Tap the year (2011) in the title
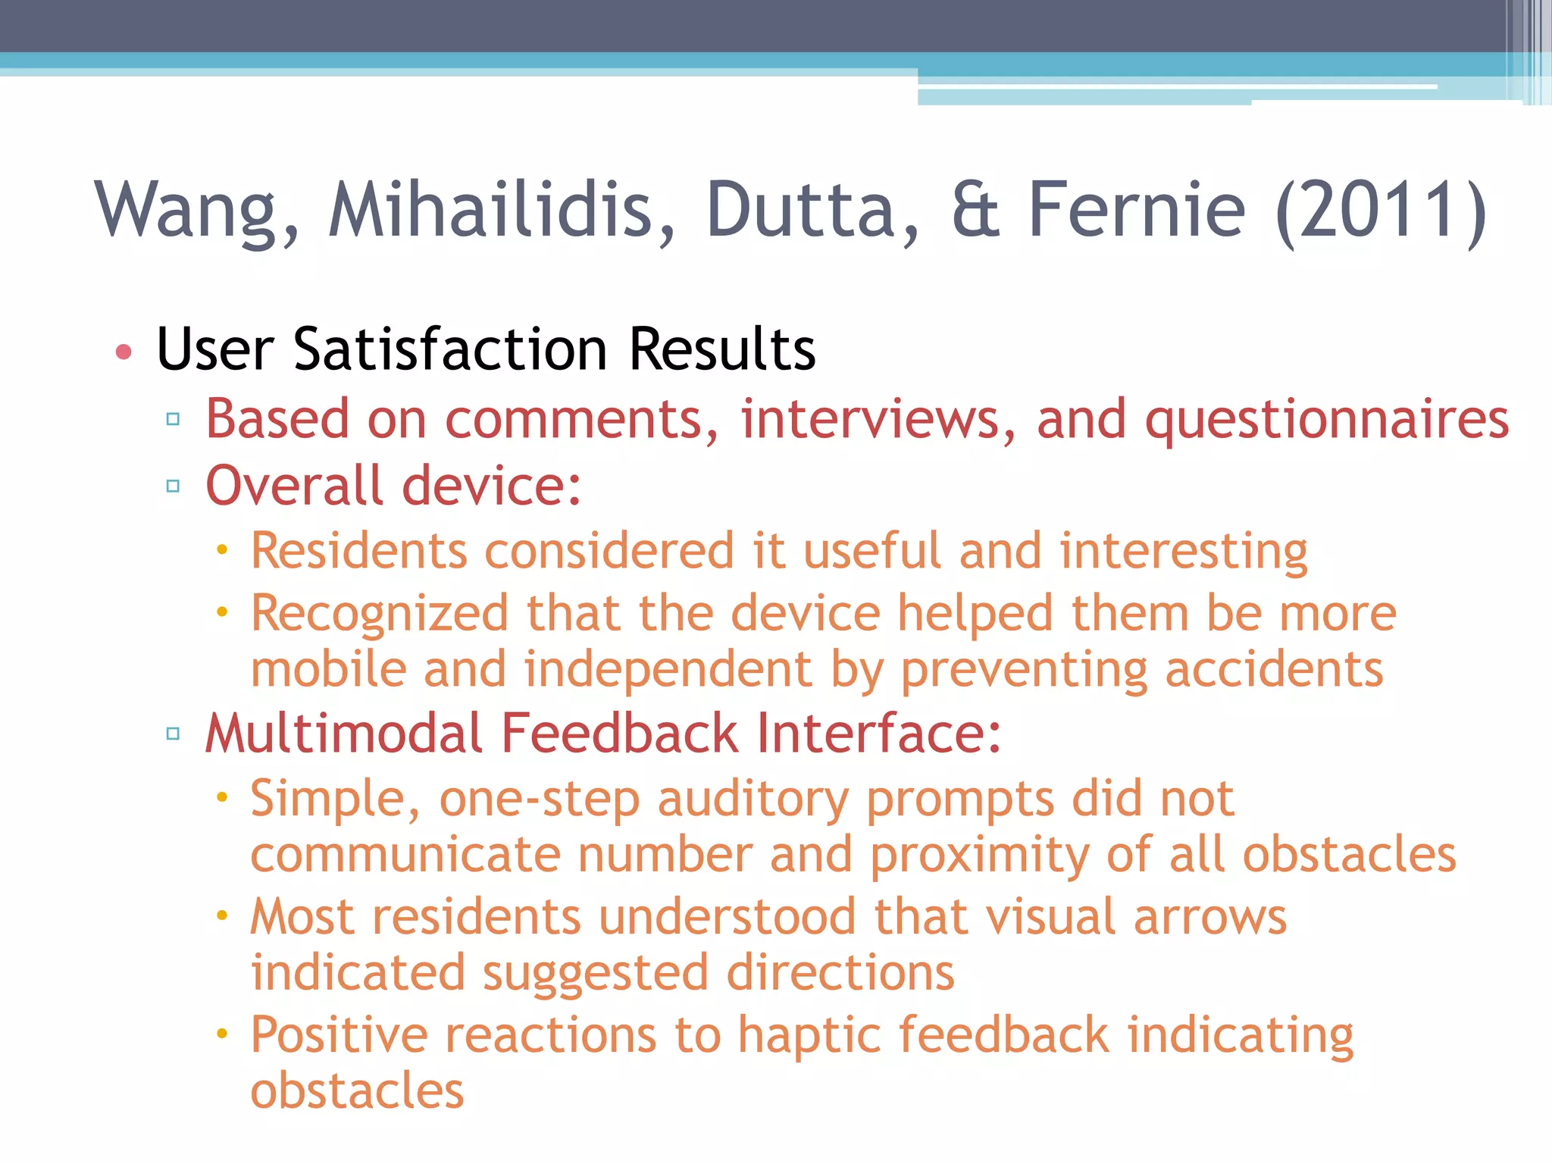[x=1381, y=211]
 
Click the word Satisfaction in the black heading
[x=450, y=349]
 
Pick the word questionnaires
[x=1327, y=421]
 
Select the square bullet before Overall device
[x=173, y=486]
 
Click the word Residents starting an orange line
[x=358, y=551]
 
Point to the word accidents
[x=1274, y=670]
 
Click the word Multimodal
[x=344, y=734]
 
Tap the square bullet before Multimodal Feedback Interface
[x=173, y=734]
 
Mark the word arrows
[x=1209, y=917]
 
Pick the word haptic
[x=809, y=1037]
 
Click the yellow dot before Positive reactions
[x=221, y=1034]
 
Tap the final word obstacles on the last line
[x=357, y=1091]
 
